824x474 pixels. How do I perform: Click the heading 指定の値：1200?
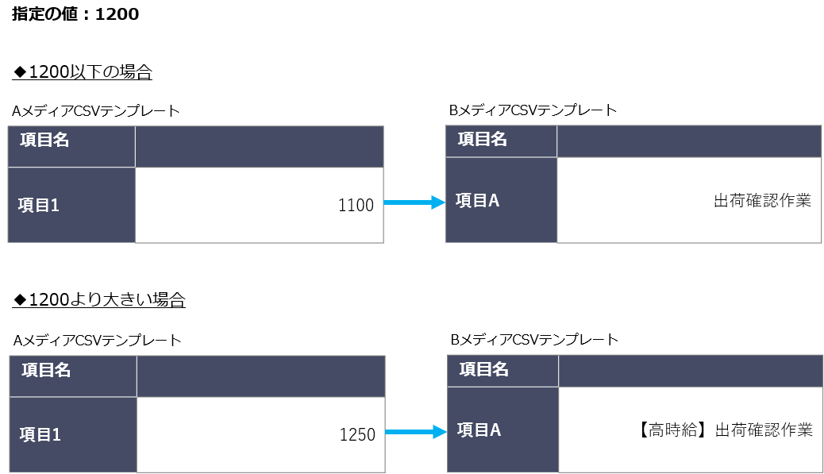[x=75, y=13]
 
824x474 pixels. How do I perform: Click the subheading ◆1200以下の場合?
[x=82, y=71]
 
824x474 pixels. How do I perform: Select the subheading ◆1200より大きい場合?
[x=98, y=299]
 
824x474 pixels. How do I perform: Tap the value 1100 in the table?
[x=356, y=205]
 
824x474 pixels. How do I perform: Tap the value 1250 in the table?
[x=357, y=434]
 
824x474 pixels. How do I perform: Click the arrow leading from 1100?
[x=414, y=202]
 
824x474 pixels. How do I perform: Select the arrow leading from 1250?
[x=416, y=432]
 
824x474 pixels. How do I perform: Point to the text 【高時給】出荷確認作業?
[x=726, y=430]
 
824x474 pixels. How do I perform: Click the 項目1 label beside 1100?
[x=38, y=205]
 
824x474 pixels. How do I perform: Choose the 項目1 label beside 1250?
[x=40, y=434]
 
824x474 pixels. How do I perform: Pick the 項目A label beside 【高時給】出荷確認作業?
[x=479, y=430]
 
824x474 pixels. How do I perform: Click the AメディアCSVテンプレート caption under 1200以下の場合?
[x=95, y=111]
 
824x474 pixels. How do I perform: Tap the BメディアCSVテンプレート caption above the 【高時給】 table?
[x=534, y=340]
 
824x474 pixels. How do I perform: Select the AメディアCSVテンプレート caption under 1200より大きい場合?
[x=97, y=341]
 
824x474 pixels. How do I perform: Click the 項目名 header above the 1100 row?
[x=44, y=140]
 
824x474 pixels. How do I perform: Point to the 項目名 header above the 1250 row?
[x=46, y=370]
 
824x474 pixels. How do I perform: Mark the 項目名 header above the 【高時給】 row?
[x=484, y=369]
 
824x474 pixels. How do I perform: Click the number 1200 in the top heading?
[x=117, y=14]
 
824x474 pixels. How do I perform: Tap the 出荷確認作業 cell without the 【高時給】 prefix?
[x=763, y=200]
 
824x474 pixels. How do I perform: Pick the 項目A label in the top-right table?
[x=477, y=200]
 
